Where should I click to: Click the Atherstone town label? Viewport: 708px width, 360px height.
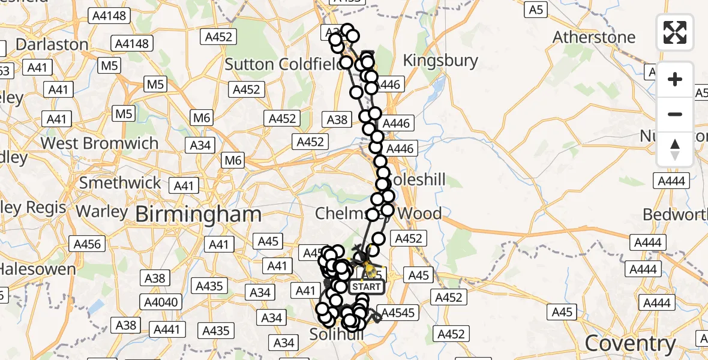tap(593, 37)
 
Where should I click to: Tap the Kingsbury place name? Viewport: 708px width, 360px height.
tap(440, 61)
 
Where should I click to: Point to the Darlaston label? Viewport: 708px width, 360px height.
tap(52, 44)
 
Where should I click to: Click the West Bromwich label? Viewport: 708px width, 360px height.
tap(100, 143)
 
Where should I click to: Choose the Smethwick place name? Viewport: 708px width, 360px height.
tap(121, 182)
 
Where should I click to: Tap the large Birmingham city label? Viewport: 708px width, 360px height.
tap(198, 214)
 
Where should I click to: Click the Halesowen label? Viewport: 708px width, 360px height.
tap(38, 269)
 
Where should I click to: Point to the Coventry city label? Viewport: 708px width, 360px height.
tap(630, 344)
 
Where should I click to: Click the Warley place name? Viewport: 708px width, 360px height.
tap(102, 212)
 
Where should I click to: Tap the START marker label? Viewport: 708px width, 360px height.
tap(366, 287)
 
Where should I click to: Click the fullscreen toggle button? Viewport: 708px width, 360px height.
tap(675, 32)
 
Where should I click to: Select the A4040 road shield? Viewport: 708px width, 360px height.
tap(162, 302)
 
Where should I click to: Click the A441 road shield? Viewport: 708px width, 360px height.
tap(167, 329)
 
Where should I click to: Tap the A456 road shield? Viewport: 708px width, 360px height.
tap(87, 244)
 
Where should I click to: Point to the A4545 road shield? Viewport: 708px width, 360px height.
tap(398, 313)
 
